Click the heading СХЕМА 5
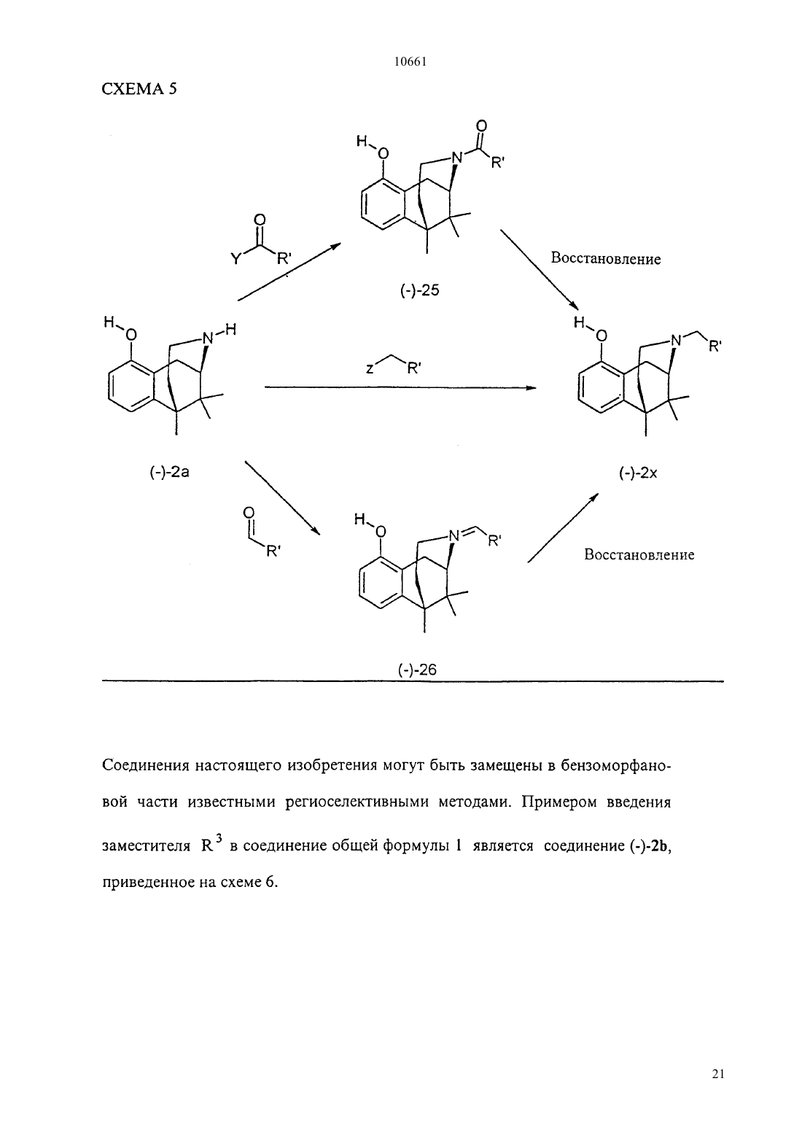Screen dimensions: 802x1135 pos(139,89)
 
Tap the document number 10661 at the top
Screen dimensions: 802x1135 pos(410,62)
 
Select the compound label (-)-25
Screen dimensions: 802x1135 pos(420,290)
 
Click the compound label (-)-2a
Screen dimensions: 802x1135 pos(169,472)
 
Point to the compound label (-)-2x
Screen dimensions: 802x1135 pos(638,473)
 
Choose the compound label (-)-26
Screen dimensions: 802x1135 pos(417,670)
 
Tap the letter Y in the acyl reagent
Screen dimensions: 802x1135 pos(235,260)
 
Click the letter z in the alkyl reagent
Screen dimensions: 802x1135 pos(370,369)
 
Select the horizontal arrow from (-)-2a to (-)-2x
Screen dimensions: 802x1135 pos(400,388)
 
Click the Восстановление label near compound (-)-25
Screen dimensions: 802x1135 pos(606,259)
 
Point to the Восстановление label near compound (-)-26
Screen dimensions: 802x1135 pos(639,554)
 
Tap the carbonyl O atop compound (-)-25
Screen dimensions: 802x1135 pos(481,126)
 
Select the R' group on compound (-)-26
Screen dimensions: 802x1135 pos(494,542)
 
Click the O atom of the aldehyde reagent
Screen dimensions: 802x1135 pos(249,514)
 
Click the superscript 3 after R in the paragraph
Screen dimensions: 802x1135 pos(218,839)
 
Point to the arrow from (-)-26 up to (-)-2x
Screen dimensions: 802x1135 pos(563,528)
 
